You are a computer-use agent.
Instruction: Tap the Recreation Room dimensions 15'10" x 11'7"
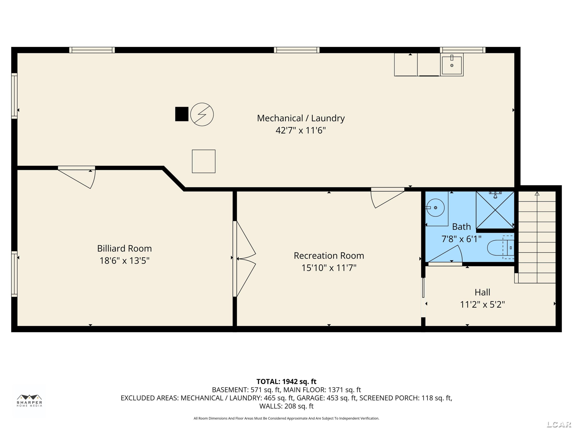pos(329,268)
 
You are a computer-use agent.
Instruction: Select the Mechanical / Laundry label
pos(301,118)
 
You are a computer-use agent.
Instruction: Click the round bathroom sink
pos(435,208)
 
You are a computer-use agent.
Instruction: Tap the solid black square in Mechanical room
pos(182,114)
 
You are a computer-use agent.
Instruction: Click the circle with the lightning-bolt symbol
pos(202,114)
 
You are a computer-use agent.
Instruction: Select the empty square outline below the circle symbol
pos(204,161)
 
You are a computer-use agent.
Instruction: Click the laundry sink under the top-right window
pos(452,65)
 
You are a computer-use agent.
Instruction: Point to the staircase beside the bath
pos(537,237)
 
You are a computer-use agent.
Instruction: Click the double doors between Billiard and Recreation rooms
pos(244,259)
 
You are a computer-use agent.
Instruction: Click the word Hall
pos(482,292)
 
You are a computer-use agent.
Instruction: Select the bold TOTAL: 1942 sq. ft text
pos(286,381)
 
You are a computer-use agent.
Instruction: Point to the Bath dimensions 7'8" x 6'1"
pos(461,239)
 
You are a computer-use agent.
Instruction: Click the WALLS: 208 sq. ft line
pos(286,406)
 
